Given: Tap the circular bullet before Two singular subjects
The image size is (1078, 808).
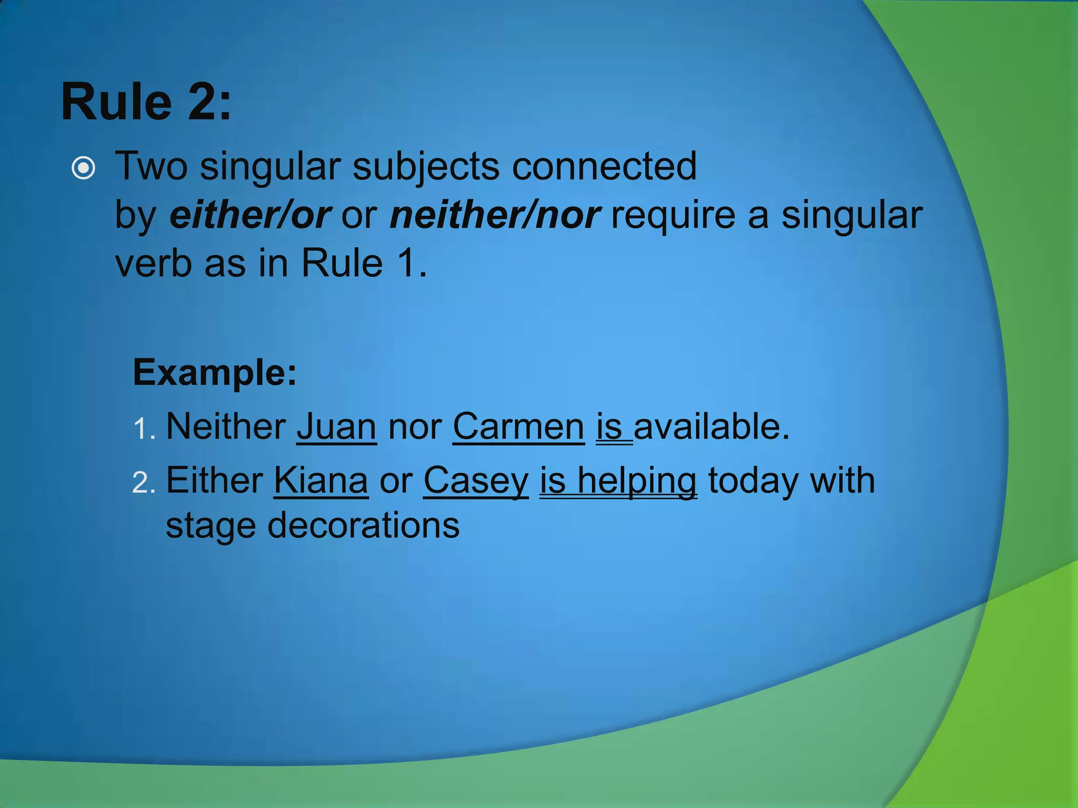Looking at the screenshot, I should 84,168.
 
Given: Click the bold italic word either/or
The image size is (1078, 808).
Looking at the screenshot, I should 249,215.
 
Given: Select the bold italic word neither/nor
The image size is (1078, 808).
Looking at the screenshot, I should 495,215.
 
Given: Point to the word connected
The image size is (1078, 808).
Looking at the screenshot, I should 604,166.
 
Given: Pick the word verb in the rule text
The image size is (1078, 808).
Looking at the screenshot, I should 153,263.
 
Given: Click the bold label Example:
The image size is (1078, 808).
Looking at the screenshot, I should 215,372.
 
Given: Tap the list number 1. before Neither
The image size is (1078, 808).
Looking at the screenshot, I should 144,428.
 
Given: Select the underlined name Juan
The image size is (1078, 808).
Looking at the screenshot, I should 336,426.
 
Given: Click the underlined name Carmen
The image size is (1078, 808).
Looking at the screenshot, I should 518,426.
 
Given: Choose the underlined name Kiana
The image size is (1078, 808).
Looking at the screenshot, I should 321,480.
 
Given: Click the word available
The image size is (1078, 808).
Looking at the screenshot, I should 712,426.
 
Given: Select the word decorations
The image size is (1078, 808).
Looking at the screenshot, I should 363,525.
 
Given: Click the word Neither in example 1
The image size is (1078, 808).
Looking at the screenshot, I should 226,426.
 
